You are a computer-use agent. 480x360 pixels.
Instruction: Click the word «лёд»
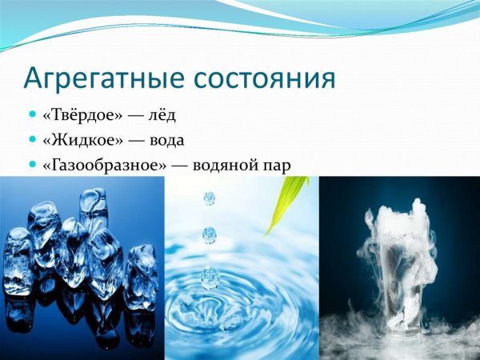click(x=161, y=115)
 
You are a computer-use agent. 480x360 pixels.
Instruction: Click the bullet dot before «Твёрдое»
click(x=31, y=115)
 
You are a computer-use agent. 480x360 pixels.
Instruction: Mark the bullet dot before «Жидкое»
click(x=31, y=140)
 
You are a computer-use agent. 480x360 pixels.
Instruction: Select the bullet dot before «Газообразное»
click(x=31, y=165)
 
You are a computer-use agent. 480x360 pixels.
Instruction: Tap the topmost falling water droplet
click(x=210, y=197)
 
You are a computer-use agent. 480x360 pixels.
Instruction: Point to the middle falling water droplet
click(x=210, y=234)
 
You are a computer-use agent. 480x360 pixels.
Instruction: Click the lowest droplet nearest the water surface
click(x=210, y=277)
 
